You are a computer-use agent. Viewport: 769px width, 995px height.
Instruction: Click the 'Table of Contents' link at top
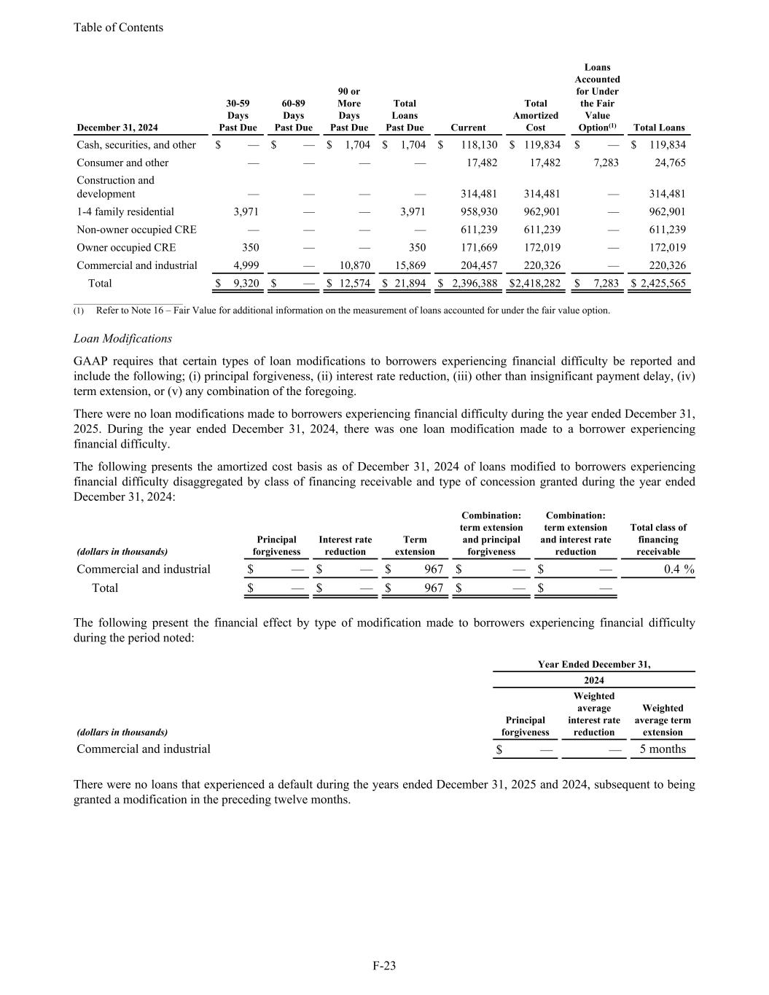click(x=118, y=28)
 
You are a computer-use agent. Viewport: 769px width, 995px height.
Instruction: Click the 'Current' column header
click(x=468, y=128)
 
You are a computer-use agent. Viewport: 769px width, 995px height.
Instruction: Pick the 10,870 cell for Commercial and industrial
click(x=355, y=265)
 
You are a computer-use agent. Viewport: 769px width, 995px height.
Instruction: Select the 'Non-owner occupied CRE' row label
click(x=136, y=230)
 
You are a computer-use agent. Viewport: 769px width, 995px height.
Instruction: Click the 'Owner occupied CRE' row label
click(x=126, y=247)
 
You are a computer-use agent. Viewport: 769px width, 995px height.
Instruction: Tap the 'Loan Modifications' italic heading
click(x=122, y=338)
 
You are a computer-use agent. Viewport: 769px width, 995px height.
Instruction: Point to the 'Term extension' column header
click(x=415, y=545)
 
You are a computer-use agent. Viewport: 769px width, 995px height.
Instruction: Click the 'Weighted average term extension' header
click(x=663, y=719)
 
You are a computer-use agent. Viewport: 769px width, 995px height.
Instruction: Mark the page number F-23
click(x=384, y=966)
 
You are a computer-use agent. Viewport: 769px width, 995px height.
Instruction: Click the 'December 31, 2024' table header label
click(x=117, y=128)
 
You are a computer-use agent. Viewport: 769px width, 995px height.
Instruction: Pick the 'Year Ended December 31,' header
click(x=594, y=664)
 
